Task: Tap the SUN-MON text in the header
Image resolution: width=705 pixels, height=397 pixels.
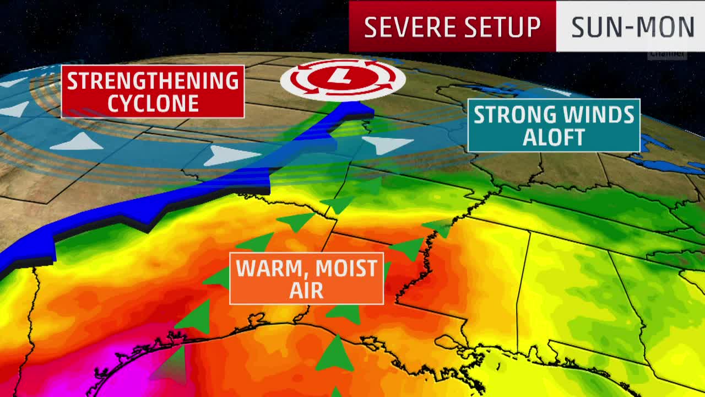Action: pos(632,26)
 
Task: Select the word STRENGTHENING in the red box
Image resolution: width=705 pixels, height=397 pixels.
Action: pos(153,81)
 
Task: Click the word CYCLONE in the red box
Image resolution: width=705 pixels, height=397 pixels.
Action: pos(153,103)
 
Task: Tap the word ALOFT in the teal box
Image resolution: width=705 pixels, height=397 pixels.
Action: pos(553,138)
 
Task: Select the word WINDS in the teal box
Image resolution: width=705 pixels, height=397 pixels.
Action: pos(595,115)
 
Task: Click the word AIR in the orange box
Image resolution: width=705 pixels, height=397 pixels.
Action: pos(306,290)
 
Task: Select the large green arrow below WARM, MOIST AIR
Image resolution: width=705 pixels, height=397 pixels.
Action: pos(334,353)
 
